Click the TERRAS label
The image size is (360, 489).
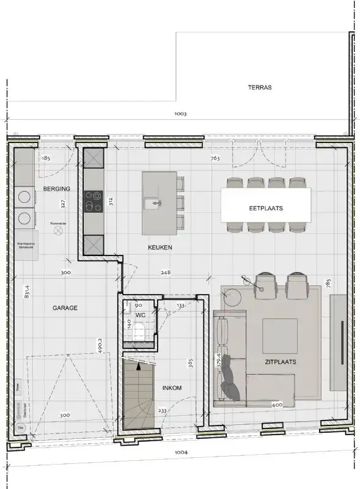[x=260, y=87]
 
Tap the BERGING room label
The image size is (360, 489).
[x=56, y=189]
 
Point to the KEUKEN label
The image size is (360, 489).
[x=160, y=248]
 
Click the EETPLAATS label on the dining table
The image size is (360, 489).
[x=265, y=208]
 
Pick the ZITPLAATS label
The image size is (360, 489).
[x=281, y=362]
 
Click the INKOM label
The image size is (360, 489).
[x=171, y=388]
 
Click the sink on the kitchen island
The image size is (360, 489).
[x=151, y=202]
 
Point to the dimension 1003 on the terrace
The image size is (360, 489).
[x=180, y=114]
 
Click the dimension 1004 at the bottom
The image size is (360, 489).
[x=180, y=453]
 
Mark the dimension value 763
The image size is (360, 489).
[x=215, y=159]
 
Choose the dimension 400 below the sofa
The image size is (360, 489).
[x=277, y=405]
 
